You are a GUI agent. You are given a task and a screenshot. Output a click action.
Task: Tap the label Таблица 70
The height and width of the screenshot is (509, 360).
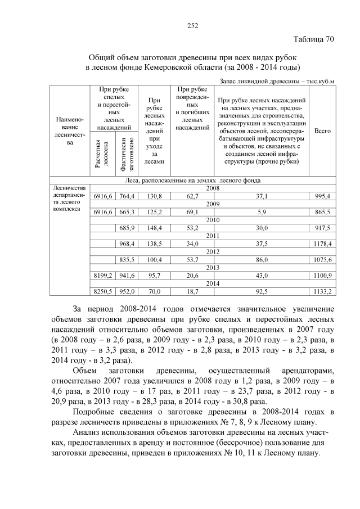click(314, 39)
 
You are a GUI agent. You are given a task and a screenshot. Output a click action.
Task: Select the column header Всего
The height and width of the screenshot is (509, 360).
click(322, 130)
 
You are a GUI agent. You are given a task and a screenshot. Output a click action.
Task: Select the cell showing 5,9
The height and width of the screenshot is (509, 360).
click(261, 212)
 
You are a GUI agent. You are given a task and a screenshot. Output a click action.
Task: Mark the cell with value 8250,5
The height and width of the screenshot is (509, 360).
click(102, 291)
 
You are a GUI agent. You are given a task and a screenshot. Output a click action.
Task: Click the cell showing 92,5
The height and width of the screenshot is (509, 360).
click(261, 291)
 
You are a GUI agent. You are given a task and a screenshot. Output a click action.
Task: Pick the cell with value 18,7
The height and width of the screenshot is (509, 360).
click(192, 291)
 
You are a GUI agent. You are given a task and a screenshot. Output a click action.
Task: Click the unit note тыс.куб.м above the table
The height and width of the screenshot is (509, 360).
click(317, 82)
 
